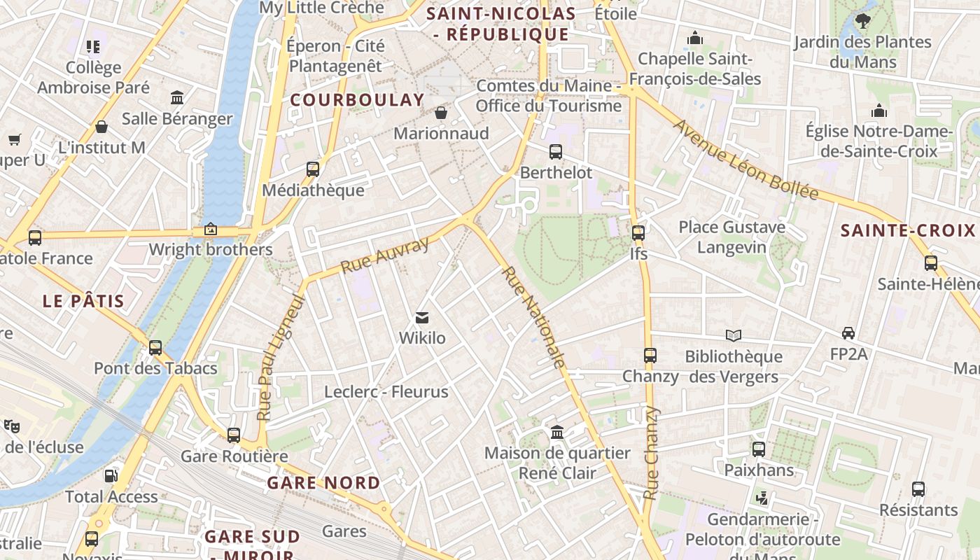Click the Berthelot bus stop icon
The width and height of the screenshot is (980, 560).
556,151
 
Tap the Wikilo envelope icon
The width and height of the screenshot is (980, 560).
422,318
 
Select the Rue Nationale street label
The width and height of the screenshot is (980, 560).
534,317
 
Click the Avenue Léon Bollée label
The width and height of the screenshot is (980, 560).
745,160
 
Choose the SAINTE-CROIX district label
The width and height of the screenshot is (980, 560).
907,231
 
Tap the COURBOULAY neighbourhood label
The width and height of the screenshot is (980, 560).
357,100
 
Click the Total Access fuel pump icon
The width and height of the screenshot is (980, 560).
111,476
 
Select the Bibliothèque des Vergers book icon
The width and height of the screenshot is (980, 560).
733,335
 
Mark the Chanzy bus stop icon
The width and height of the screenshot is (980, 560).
650,356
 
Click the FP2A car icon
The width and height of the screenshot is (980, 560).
848,333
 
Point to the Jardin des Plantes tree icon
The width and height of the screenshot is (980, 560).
863,21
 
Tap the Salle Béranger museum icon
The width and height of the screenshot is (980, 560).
177,97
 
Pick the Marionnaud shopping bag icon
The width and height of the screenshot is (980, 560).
441,113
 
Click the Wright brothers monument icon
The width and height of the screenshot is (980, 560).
210,229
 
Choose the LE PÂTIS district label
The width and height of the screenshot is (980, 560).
83,302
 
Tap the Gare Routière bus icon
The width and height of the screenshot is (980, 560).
234,435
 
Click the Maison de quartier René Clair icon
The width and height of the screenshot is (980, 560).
557,432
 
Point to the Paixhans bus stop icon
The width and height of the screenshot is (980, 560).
759,449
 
